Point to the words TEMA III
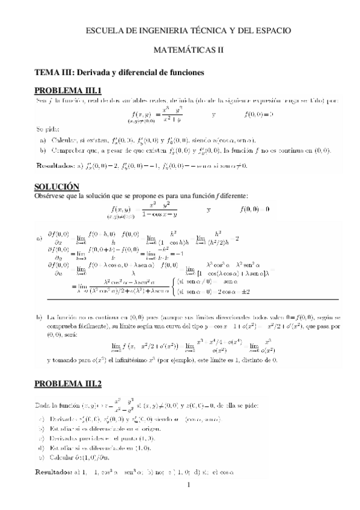(x=53, y=72)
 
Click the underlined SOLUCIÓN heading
(x=57, y=187)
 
